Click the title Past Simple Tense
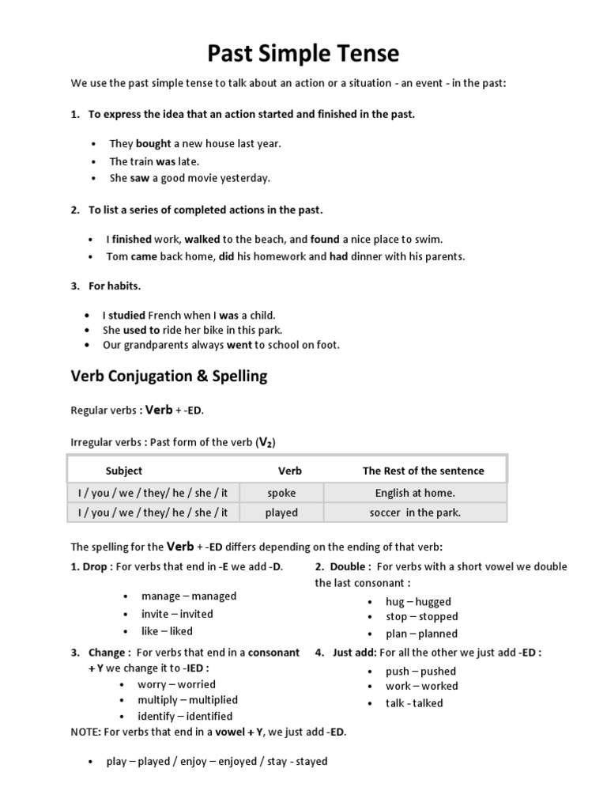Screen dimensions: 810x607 [x=303, y=54]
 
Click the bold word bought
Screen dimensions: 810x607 [x=153, y=144]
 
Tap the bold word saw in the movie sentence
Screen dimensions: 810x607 [x=140, y=178]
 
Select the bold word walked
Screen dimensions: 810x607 [x=203, y=239]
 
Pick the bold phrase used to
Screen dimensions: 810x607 [x=141, y=330]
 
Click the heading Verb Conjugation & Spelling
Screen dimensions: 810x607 [x=169, y=377]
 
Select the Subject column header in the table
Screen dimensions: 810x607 [x=124, y=471]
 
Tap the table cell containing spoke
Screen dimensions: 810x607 [x=281, y=493]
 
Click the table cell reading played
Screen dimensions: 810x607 [x=281, y=513]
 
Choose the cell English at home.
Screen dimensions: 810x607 [x=415, y=493]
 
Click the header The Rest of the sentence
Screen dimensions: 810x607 [x=423, y=471]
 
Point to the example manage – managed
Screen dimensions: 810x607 [x=188, y=596]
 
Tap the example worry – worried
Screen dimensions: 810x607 [x=176, y=684]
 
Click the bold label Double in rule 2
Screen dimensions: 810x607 [x=347, y=566]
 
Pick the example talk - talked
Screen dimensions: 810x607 [x=414, y=703]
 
